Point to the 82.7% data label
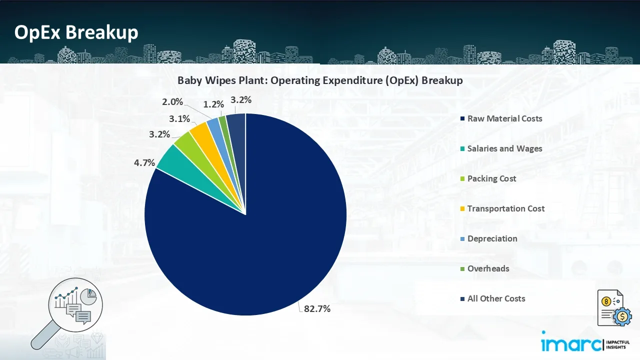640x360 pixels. pyautogui.click(x=317, y=308)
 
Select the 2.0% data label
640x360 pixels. pyautogui.click(x=172, y=102)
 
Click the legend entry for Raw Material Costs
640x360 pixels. pyautogui.click(x=504, y=118)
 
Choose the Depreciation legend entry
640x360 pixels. pyautogui.click(x=492, y=238)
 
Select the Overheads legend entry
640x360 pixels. pyautogui.click(x=488, y=268)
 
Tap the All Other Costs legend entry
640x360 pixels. pyautogui.click(x=496, y=298)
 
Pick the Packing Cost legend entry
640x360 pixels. pyautogui.click(x=491, y=178)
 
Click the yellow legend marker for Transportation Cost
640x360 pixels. pyautogui.click(x=463, y=208)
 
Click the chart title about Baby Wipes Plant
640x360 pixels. pyautogui.click(x=320, y=80)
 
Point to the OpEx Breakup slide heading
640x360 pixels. pyautogui.click(x=76, y=32)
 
